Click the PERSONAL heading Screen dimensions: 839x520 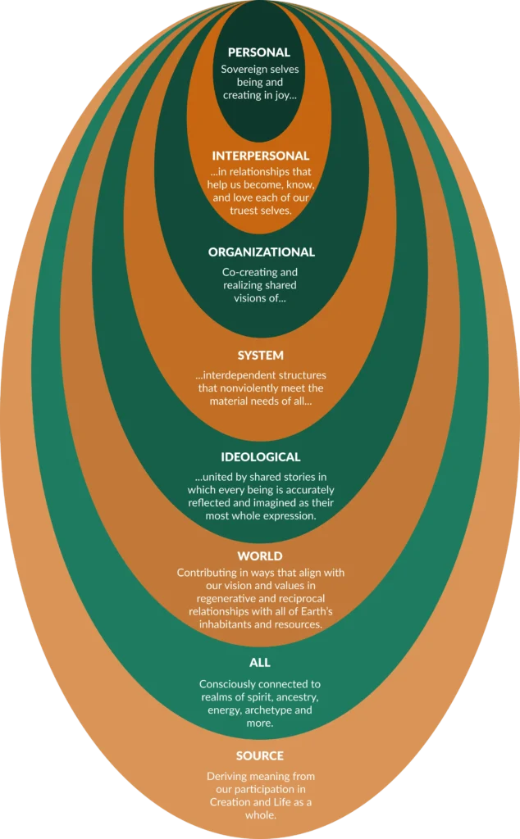click(x=259, y=52)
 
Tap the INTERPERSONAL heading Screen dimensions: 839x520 click(x=260, y=156)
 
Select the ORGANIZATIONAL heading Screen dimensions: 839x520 click(x=261, y=252)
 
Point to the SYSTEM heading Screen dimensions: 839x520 click(x=260, y=356)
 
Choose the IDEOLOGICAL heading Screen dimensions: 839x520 click(x=260, y=457)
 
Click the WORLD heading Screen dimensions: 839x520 click(x=260, y=556)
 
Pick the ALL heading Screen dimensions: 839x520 click(x=260, y=662)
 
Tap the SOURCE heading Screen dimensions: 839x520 click(x=260, y=755)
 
